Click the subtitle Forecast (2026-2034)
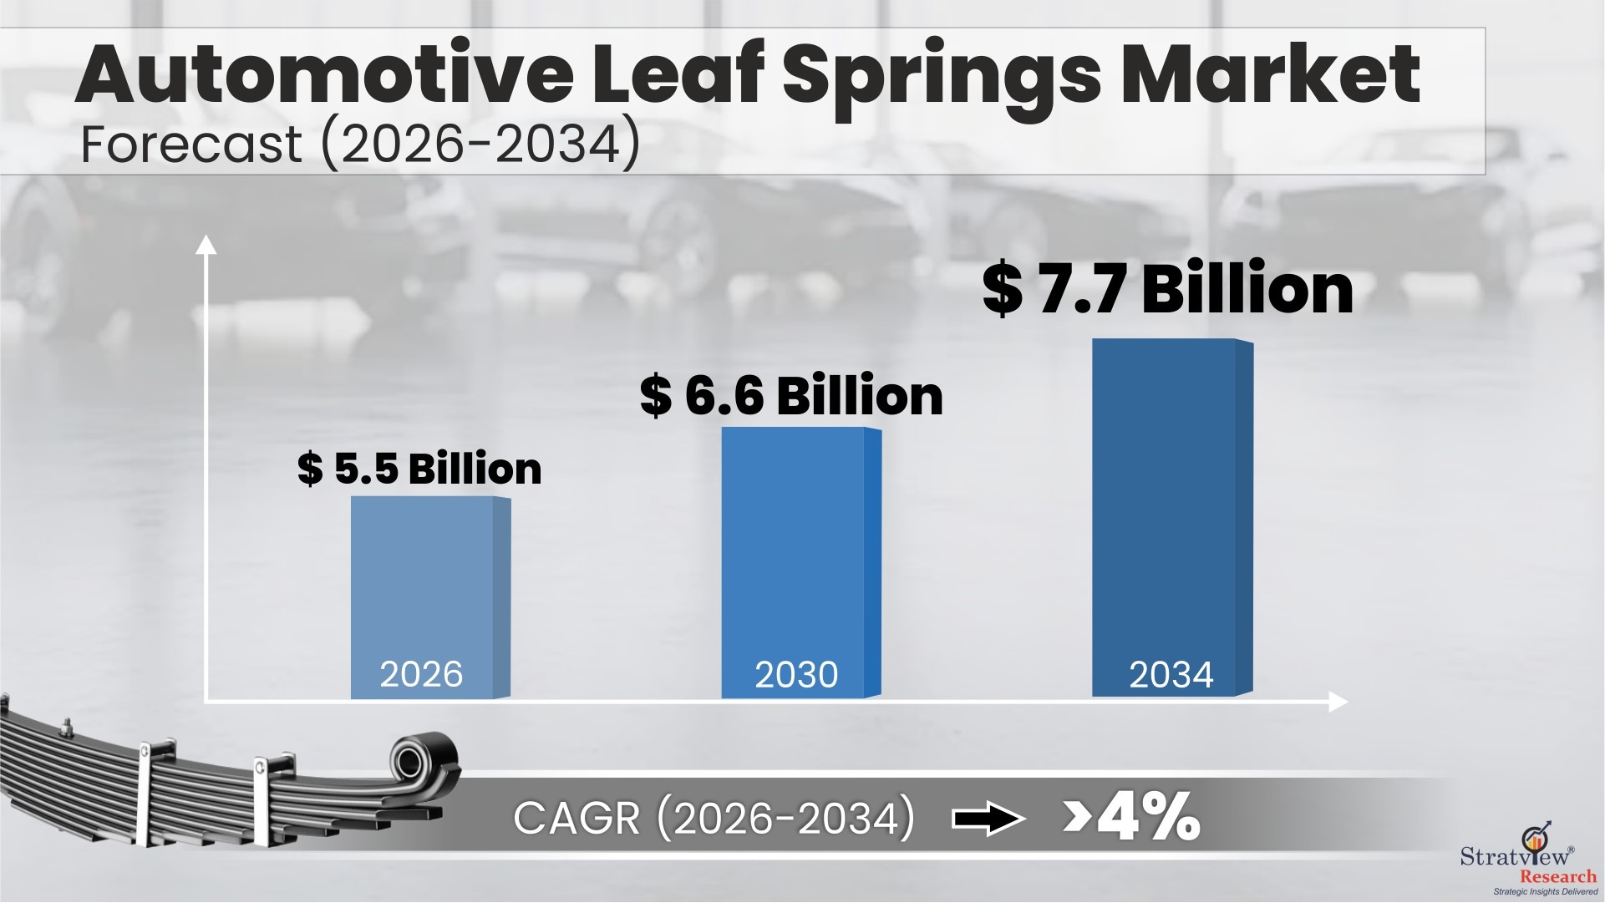tap(360, 144)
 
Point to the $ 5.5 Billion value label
tap(419, 469)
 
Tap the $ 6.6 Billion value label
tap(791, 396)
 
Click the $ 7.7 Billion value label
tap(1167, 289)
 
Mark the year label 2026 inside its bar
tap(421, 674)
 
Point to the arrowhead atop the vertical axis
tap(206, 244)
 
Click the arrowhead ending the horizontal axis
tap(1338, 702)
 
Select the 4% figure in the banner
tap(1149, 817)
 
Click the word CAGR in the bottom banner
tap(576, 818)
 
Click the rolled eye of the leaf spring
tap(412, 759)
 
